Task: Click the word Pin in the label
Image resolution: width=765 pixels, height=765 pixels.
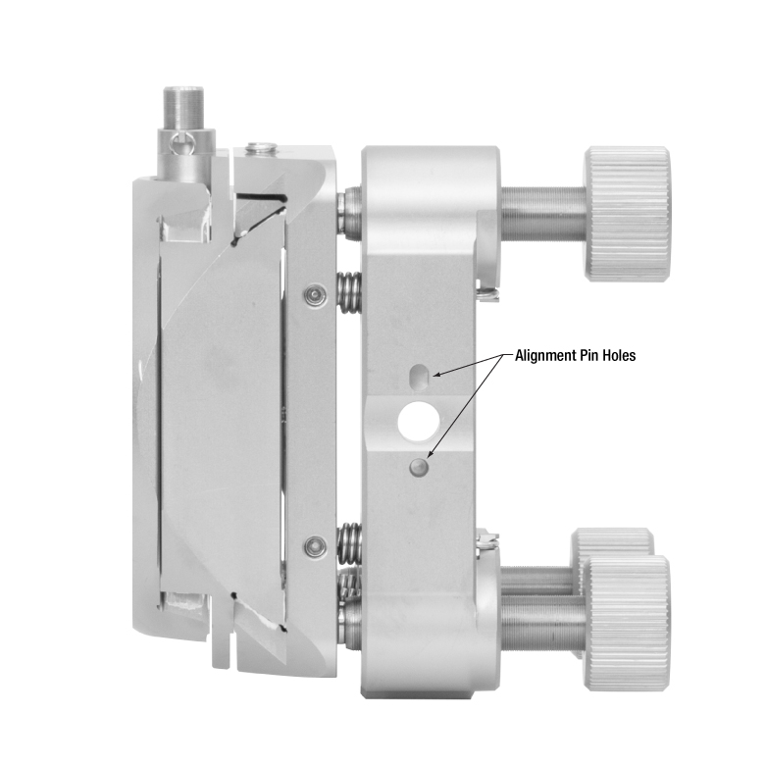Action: click(x=595, y=356)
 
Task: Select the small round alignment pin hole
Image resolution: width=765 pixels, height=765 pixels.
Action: click(x=419, y=467)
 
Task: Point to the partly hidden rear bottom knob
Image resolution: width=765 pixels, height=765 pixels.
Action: click(x=613, y=542)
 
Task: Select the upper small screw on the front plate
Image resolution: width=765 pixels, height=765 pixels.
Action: click(x=313, y=294)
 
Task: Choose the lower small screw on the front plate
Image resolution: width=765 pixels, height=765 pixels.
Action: click(x=314, y=544)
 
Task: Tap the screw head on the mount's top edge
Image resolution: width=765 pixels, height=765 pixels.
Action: click(x=260, y=149)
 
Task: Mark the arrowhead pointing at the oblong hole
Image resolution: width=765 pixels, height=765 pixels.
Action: click(x=438, y=373)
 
